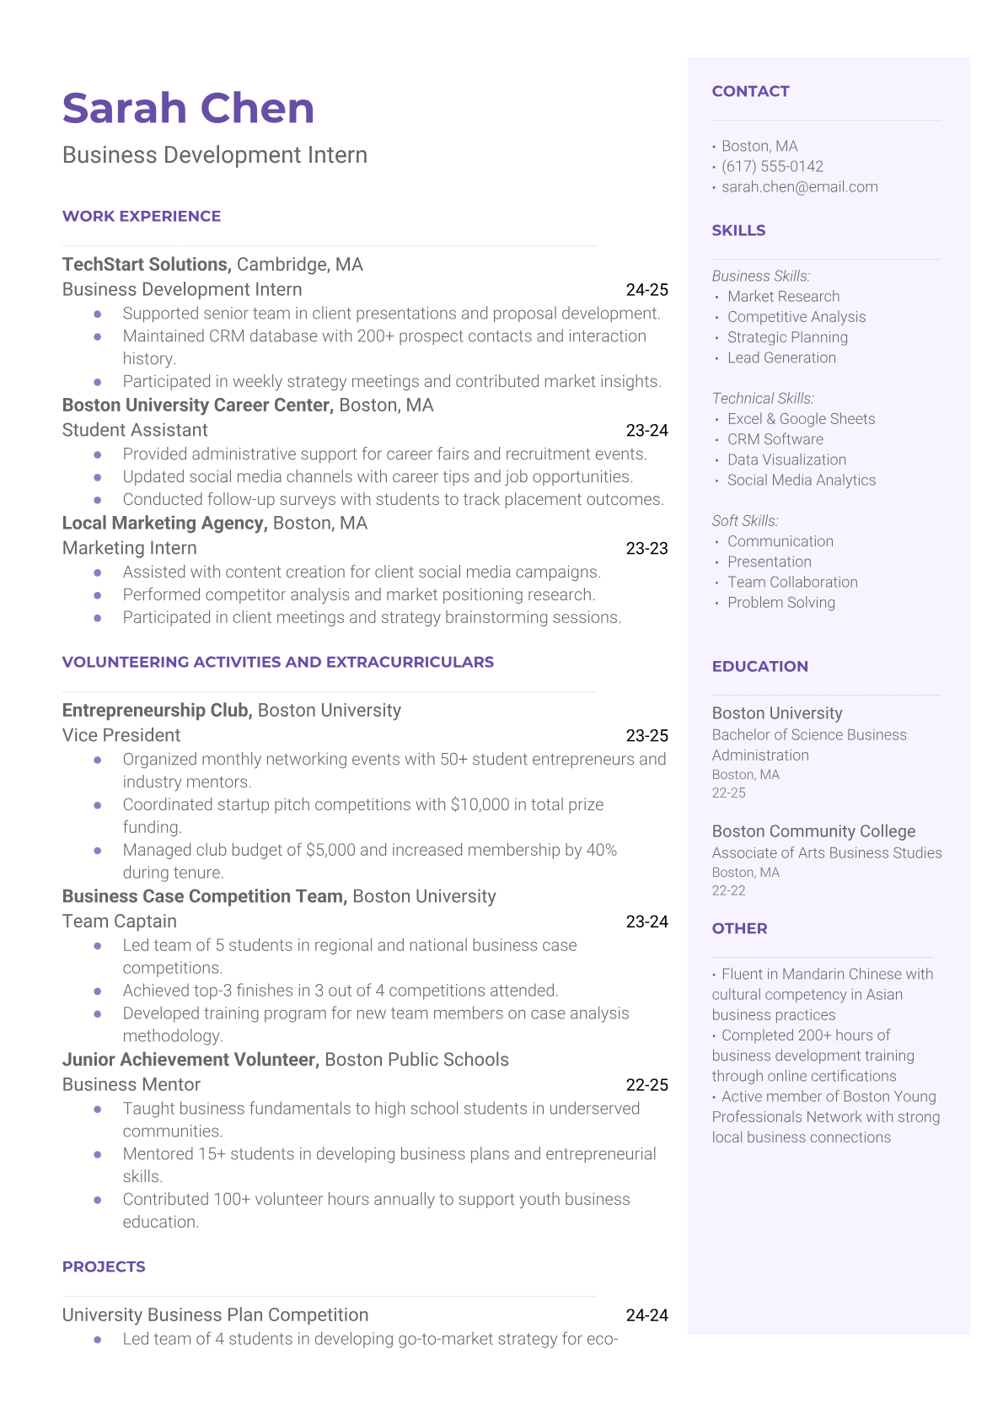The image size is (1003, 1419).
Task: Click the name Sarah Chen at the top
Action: (x=188, y=109)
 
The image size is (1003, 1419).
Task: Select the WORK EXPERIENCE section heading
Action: (x=142, y=217)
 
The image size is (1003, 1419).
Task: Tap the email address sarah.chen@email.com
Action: (x=799, y=187)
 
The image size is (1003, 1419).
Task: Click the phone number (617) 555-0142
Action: (x=772, y=167)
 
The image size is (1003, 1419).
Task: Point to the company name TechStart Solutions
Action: (x=146, y=265)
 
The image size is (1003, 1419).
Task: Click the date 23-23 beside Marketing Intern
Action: (x=646, y=549)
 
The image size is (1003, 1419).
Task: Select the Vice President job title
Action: (x=121, y=735)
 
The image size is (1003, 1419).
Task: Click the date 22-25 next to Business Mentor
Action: (x=646, y=1085)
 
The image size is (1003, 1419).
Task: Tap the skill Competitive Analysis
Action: (x=796, y=317)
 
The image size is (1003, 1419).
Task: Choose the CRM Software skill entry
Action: (x=775, y=439)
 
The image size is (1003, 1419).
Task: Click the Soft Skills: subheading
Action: (x=745, y=521)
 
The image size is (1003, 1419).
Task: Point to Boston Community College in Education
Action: (x=813, y=831)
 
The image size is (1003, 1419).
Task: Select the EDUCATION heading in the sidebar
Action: (x=759, y=667)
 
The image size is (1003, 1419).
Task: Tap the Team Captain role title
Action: (x=120, y=922)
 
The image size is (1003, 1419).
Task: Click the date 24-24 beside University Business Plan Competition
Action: (x=646, y=1315)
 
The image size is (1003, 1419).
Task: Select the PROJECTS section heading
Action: (x=104, y=1267)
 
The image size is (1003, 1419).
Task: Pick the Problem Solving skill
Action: (x=781, y=603)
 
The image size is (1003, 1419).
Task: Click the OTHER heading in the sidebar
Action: (x=739, y=929)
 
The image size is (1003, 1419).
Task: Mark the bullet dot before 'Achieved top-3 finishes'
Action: (x=98, y=991)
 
